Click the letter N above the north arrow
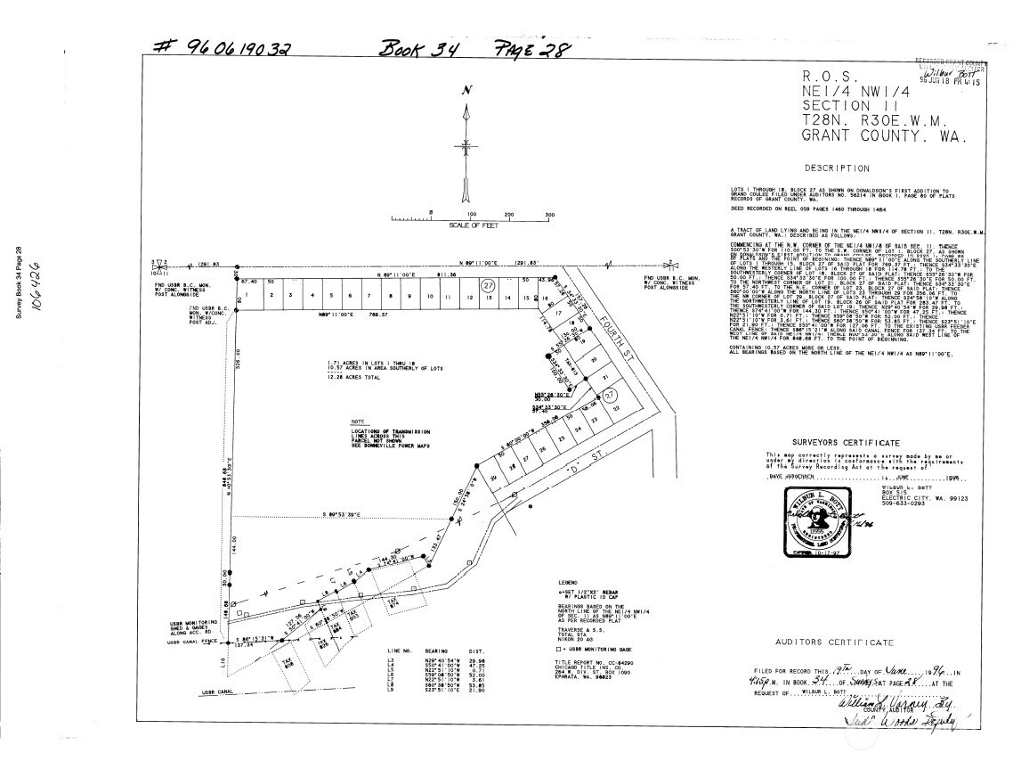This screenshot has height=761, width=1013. [466, 90]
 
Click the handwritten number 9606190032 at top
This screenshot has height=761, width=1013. [223, 49]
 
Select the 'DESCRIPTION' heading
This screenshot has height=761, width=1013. [837, 168]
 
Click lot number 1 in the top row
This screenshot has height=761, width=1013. [246, 295]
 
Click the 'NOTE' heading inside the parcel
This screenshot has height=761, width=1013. [358, 421]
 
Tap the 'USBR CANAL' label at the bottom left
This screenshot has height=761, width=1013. [217, 691]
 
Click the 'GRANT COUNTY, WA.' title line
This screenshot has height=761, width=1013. [878, 137]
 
